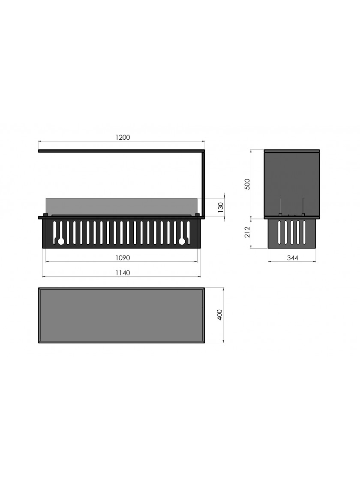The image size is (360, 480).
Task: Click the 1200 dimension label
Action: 123,138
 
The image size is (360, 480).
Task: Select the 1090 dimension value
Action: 123,258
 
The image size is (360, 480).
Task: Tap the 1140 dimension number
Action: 123,273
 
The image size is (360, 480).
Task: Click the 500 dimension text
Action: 247,184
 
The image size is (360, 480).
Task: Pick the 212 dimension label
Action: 247,232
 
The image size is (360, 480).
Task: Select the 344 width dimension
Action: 293,258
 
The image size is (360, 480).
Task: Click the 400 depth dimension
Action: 219,315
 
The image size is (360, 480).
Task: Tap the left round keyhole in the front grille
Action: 60,242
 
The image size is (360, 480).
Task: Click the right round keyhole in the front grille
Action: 182,242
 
